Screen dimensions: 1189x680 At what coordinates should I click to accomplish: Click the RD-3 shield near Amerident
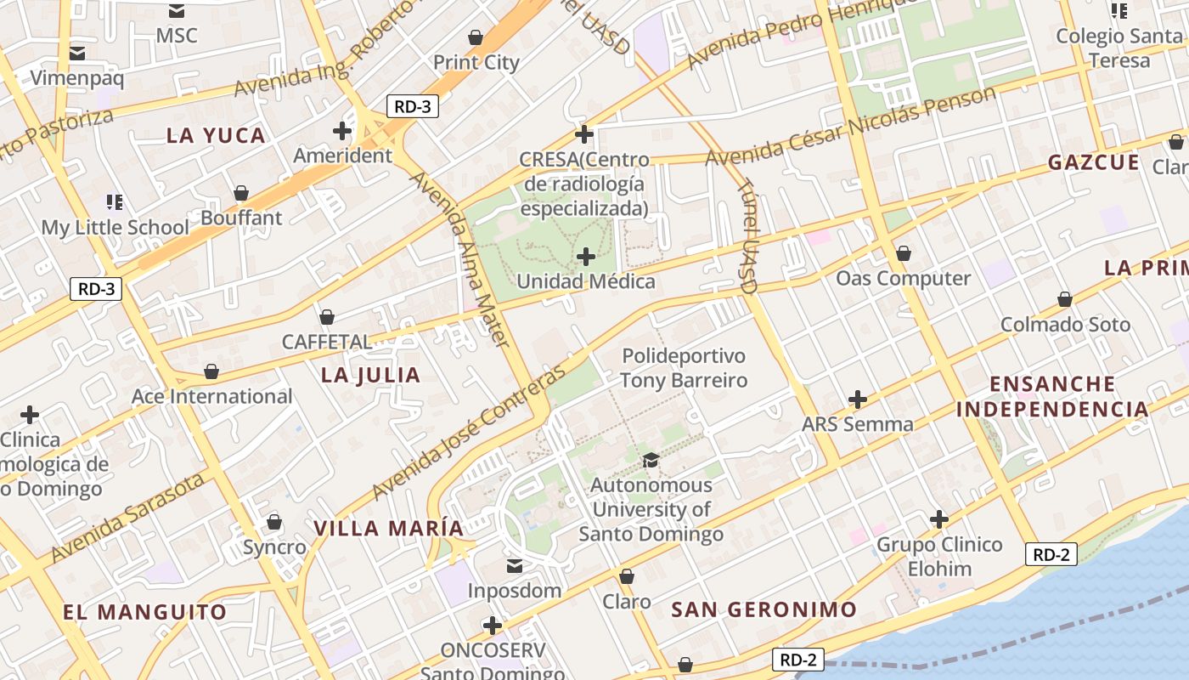click(413, 106)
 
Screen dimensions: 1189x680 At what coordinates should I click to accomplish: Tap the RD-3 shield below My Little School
click(96, 288)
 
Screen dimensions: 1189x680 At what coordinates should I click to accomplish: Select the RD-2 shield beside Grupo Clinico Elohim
click(1051, 555)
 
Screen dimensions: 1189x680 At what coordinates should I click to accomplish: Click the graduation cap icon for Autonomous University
click(651, 460)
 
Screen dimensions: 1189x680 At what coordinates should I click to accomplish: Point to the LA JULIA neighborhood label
click(371, 375)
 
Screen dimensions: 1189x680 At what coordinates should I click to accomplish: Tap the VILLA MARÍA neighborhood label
click(389, 528)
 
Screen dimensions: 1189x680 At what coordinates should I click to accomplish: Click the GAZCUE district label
click(1093, 162)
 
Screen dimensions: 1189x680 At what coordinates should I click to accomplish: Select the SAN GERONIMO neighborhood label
click(764, 609)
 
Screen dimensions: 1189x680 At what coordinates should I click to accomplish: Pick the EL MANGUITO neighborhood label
click(145, 612)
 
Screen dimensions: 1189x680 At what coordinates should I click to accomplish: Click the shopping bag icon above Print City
click(476, 37)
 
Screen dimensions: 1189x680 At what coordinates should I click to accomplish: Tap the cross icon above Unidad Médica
click(585, 256)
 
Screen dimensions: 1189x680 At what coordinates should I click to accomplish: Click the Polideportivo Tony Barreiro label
click(684, 368)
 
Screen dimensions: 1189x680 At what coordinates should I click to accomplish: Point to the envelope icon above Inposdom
click(515, 565)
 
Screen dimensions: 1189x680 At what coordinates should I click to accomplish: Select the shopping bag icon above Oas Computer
click(904, 253)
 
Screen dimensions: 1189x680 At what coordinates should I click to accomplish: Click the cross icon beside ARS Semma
click(858, 399)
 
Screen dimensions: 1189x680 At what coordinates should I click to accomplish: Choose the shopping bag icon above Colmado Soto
click(1065, 299)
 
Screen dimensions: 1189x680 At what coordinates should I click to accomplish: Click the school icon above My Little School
click(115, 201)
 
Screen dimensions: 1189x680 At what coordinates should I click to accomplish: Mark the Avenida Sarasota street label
click(127, 518)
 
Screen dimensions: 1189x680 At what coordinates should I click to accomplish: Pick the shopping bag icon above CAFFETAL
click(326, 317)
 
